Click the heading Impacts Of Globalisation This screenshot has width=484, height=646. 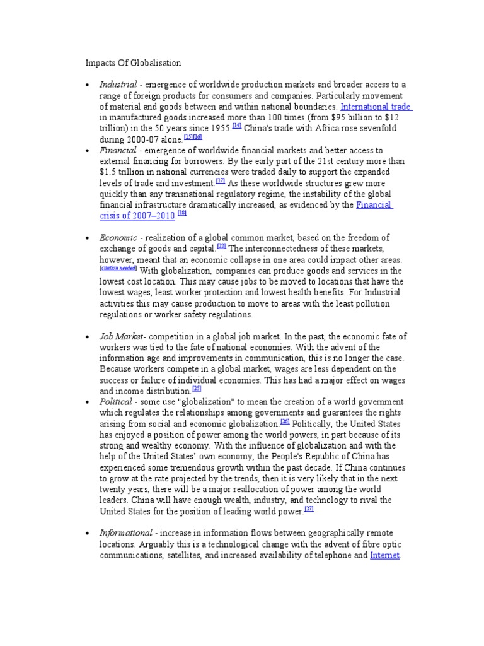coord(133,63)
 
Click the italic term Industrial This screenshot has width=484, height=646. coord(117,85)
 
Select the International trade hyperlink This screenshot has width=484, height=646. coord(375,107)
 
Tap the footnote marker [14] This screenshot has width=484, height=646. coord(237,126)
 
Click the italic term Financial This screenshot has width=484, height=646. coord(116,150)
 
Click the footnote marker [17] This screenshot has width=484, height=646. coord(220,180)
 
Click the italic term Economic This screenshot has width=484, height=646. coord(118,238)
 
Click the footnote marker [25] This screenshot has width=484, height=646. coord(197,389)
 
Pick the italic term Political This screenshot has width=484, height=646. coord(115,402)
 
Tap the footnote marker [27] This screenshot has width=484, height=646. coord(309,508)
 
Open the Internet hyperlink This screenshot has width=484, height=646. coord(384,555)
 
